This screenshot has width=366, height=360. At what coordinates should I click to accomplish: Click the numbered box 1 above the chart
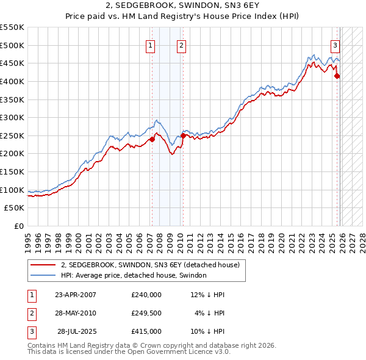point(151,45)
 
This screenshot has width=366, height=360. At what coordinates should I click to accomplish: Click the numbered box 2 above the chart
point(182,45)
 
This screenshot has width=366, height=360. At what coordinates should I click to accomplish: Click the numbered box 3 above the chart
point(335,45)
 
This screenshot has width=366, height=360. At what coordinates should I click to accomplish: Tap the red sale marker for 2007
point(152,139)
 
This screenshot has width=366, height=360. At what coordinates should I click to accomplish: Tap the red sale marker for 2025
point(337,76)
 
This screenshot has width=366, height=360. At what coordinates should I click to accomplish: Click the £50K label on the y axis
point(15,208)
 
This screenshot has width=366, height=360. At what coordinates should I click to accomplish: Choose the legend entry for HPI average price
point(134,276)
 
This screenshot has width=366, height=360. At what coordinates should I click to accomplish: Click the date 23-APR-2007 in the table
point(76,295)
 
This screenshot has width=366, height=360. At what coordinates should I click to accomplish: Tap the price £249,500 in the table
point(146,313)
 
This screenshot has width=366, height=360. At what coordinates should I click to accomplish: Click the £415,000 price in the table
point(146,331)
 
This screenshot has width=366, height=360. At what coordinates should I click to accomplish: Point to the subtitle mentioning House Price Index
point(183,17)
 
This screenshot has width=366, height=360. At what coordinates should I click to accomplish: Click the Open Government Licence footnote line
point(129,352)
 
